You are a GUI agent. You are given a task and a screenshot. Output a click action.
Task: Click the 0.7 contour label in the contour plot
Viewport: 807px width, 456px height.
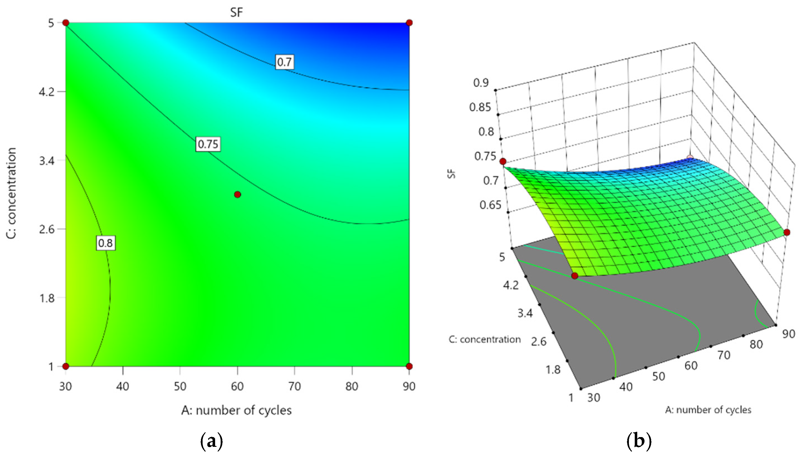pos(284,62)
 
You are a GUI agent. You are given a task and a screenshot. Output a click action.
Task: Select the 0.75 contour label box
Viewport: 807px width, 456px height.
pos(208,144)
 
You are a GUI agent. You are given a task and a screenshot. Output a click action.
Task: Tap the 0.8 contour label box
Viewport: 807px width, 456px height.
pos(105,243)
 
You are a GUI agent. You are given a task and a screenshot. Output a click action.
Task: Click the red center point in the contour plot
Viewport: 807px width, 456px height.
pos(237,195)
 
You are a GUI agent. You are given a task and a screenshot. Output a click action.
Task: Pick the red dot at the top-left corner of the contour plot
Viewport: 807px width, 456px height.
pos(66,23)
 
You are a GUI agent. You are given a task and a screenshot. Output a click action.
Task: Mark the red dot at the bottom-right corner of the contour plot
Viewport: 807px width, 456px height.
pos(409,366)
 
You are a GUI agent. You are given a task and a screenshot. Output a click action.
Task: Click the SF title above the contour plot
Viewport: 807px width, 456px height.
pos(237,13)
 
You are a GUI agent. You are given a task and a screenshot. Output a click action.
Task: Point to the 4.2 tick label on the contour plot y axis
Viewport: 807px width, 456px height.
pos(47,92)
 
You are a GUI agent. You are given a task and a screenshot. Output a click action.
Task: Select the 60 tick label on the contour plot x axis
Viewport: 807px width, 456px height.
pos(237,386)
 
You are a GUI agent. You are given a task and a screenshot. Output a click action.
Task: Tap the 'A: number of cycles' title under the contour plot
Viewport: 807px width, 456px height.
pos(237,410)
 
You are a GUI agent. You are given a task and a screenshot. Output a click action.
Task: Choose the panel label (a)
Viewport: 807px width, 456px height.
pos(211,441)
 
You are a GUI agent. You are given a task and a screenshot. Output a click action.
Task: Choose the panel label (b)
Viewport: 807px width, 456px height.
pos(639,441)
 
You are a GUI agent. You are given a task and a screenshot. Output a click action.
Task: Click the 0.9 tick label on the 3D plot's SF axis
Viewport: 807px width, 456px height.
pos(481,83)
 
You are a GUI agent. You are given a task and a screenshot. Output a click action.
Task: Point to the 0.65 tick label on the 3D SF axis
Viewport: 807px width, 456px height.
pos(490,205)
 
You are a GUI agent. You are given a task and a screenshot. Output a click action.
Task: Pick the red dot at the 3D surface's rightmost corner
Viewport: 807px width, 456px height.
pos(787,232)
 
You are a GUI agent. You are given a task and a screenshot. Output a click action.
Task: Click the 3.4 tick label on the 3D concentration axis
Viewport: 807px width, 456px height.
pos(525,313)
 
